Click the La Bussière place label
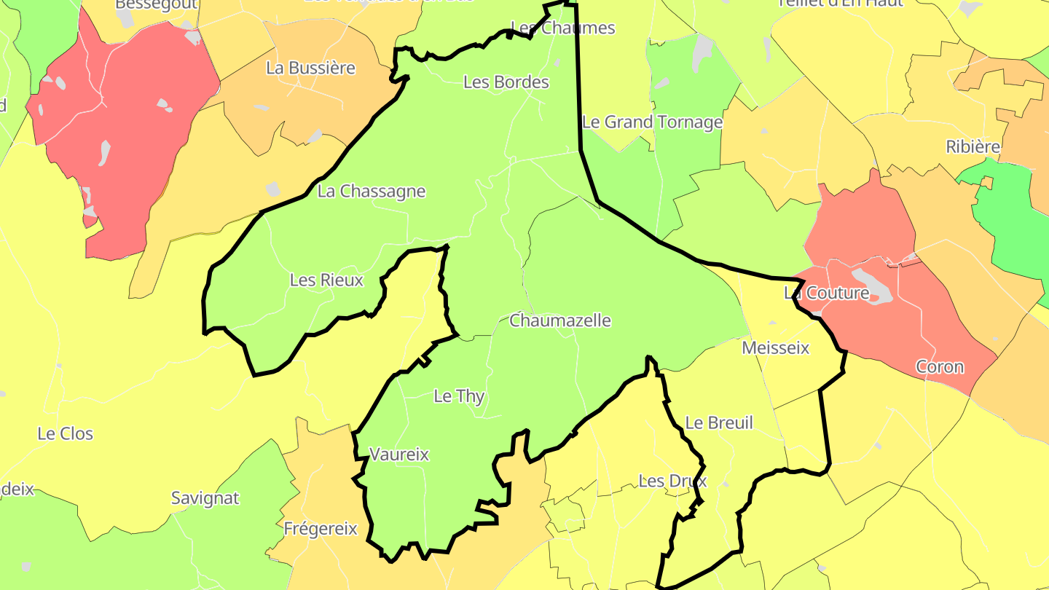click(310, 68)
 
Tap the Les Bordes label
click(506, 82)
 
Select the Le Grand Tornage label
click(653, 122)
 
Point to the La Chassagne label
click(372, 192)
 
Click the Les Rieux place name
click(326, 280)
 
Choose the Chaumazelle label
click(560, 320)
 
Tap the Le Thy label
click(459, 396)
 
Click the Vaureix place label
click(399, 455)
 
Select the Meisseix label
click(775, 348)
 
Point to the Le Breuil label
click(719, 422)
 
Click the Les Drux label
click(672, 481)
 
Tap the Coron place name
click(940, 367)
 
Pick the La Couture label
click(826, 294)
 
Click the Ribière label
click(973, 147)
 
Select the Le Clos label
click(66, 434)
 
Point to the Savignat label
click(205, 499)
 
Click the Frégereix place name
click(321, 529)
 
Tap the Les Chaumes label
click(563, 28)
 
